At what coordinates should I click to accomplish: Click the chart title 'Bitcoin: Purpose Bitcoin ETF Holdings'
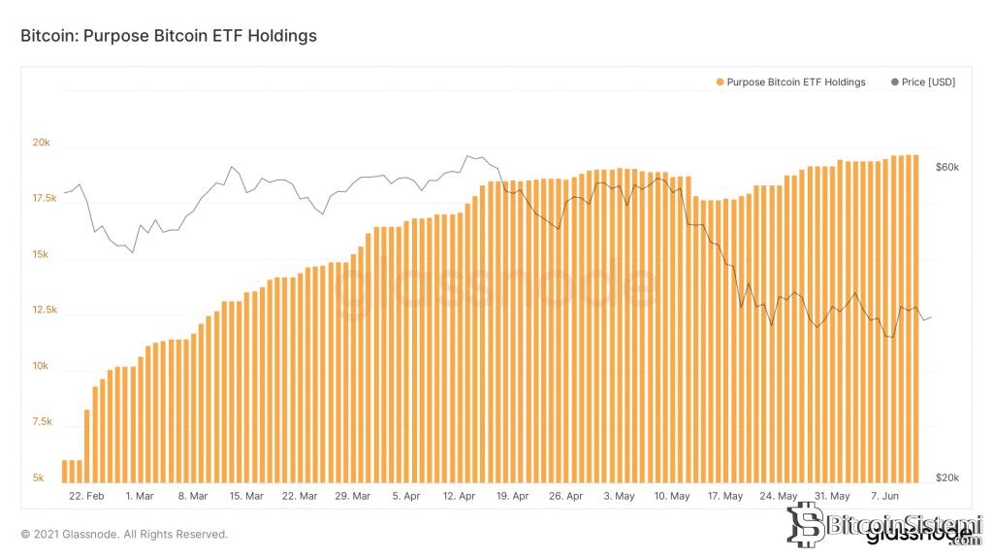click(169, 36)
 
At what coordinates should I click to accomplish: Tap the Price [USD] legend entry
click(922, 82)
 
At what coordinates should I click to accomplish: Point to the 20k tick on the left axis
click(42, 143)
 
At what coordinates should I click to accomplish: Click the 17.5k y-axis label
click(45, 199)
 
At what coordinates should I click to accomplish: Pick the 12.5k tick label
click(45, 311)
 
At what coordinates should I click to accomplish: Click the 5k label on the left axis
click(39, 478)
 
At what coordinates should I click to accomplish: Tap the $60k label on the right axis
click(946, 167)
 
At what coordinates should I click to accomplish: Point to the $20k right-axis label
click(946, 478)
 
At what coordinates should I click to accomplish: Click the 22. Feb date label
click(87, 496)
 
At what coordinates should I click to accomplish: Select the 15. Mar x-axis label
click(246, 496)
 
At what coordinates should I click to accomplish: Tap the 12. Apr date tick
click(459, 496)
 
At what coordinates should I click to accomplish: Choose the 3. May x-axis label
click(619, 496)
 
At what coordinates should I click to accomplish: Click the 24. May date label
click(779, 496)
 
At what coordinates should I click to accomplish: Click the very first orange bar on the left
click(65, 471)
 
